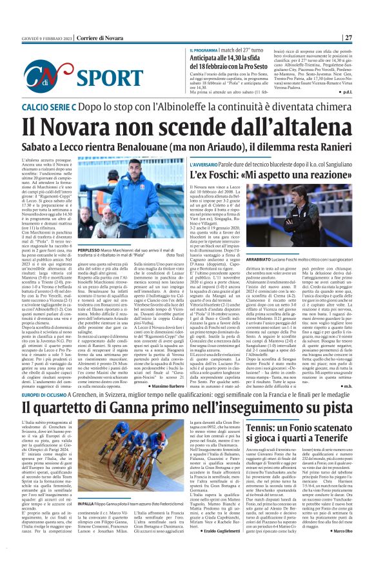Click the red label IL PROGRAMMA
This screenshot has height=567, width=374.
[x=204, y=50]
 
